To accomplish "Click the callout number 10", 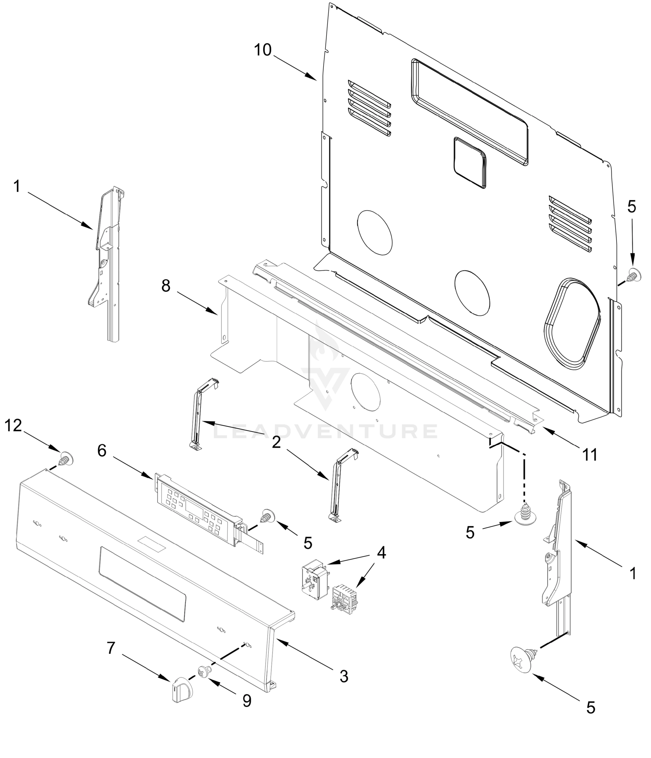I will [263, 50].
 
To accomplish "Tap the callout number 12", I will [13, 425].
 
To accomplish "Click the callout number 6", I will [102, 451].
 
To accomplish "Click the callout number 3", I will [344, 677].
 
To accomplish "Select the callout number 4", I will [381, 553].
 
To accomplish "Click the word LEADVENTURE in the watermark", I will [325, 432].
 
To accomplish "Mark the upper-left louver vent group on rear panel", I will [369, 108].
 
